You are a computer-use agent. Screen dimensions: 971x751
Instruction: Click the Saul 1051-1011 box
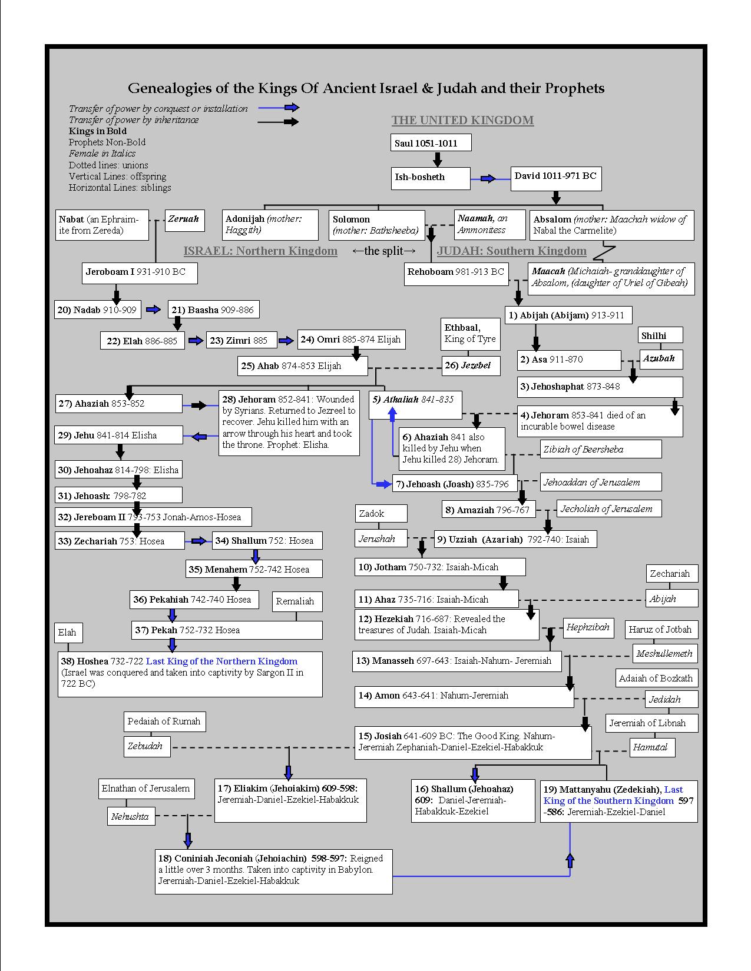point(432,143)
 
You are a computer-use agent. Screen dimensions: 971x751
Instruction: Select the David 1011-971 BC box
point(555,177)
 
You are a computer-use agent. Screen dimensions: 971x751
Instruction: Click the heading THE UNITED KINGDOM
point(462,121)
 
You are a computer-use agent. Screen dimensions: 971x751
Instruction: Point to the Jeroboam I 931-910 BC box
point(139,272)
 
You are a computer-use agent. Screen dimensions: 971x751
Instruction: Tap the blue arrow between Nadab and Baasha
point(154,310)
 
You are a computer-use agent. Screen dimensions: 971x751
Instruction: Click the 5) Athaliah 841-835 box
point(415,405)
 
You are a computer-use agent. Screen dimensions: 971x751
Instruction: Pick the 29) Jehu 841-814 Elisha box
point(118,435)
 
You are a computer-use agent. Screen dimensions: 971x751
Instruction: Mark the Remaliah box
point(296,601)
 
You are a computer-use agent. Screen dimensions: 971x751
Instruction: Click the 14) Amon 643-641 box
point(464,696)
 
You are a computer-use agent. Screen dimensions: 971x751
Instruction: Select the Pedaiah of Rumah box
point(164,721)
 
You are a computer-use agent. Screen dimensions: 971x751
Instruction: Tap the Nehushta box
point(131,816)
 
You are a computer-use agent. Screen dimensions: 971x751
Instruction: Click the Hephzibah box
point(588,628)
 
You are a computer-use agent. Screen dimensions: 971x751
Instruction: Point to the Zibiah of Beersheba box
point(601,449)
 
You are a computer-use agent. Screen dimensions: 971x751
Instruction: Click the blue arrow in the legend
point(292,108)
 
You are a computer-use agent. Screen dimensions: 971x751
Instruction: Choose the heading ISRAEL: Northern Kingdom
point(260,251)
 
